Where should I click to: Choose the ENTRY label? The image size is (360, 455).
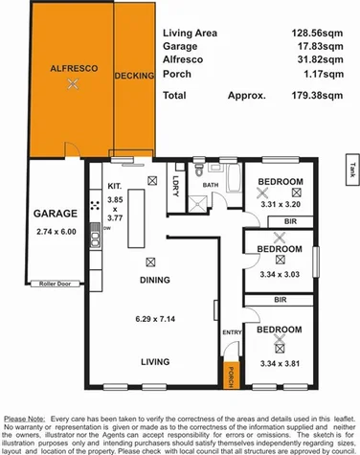coord(231,331)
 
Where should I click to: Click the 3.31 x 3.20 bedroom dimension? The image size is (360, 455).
coord(280,203)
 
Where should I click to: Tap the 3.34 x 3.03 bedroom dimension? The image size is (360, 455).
coord(280,271)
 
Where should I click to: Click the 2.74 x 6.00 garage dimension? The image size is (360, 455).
coord(56,231)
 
